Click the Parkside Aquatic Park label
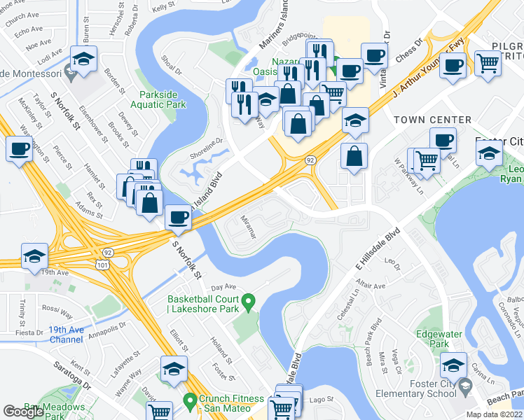(x=163, y=99)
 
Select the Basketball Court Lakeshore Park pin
(x=247, y=303)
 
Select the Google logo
(x=23, y=412)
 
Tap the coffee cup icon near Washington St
(x=19, y=148)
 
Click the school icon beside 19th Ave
(x=34, y=256)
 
